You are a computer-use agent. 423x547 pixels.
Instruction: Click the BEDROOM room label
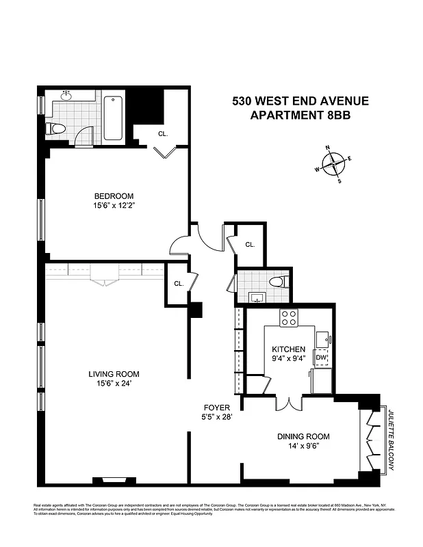coord(114,196)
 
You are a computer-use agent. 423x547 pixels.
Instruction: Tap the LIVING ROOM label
coord(114,374)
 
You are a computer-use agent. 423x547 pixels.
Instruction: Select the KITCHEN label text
coord(288,349)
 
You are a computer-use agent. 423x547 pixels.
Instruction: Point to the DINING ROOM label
coord(303,436)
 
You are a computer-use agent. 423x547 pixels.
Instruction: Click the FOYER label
coord(216,408)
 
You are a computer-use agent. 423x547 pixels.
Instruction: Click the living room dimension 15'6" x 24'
coord(114,384)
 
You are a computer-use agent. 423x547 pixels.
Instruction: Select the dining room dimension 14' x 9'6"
coord(303,446)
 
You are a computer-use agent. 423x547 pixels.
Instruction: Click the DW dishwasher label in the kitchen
coord(321,358)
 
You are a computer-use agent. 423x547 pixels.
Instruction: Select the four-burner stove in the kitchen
coord(289,318)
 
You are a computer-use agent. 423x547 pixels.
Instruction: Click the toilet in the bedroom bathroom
coord(56,129)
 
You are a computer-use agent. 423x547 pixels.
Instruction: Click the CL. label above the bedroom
coord(163,134)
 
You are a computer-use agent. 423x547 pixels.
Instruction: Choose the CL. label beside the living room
coord(178,283)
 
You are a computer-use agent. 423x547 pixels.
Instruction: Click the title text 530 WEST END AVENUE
coord(300,101)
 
